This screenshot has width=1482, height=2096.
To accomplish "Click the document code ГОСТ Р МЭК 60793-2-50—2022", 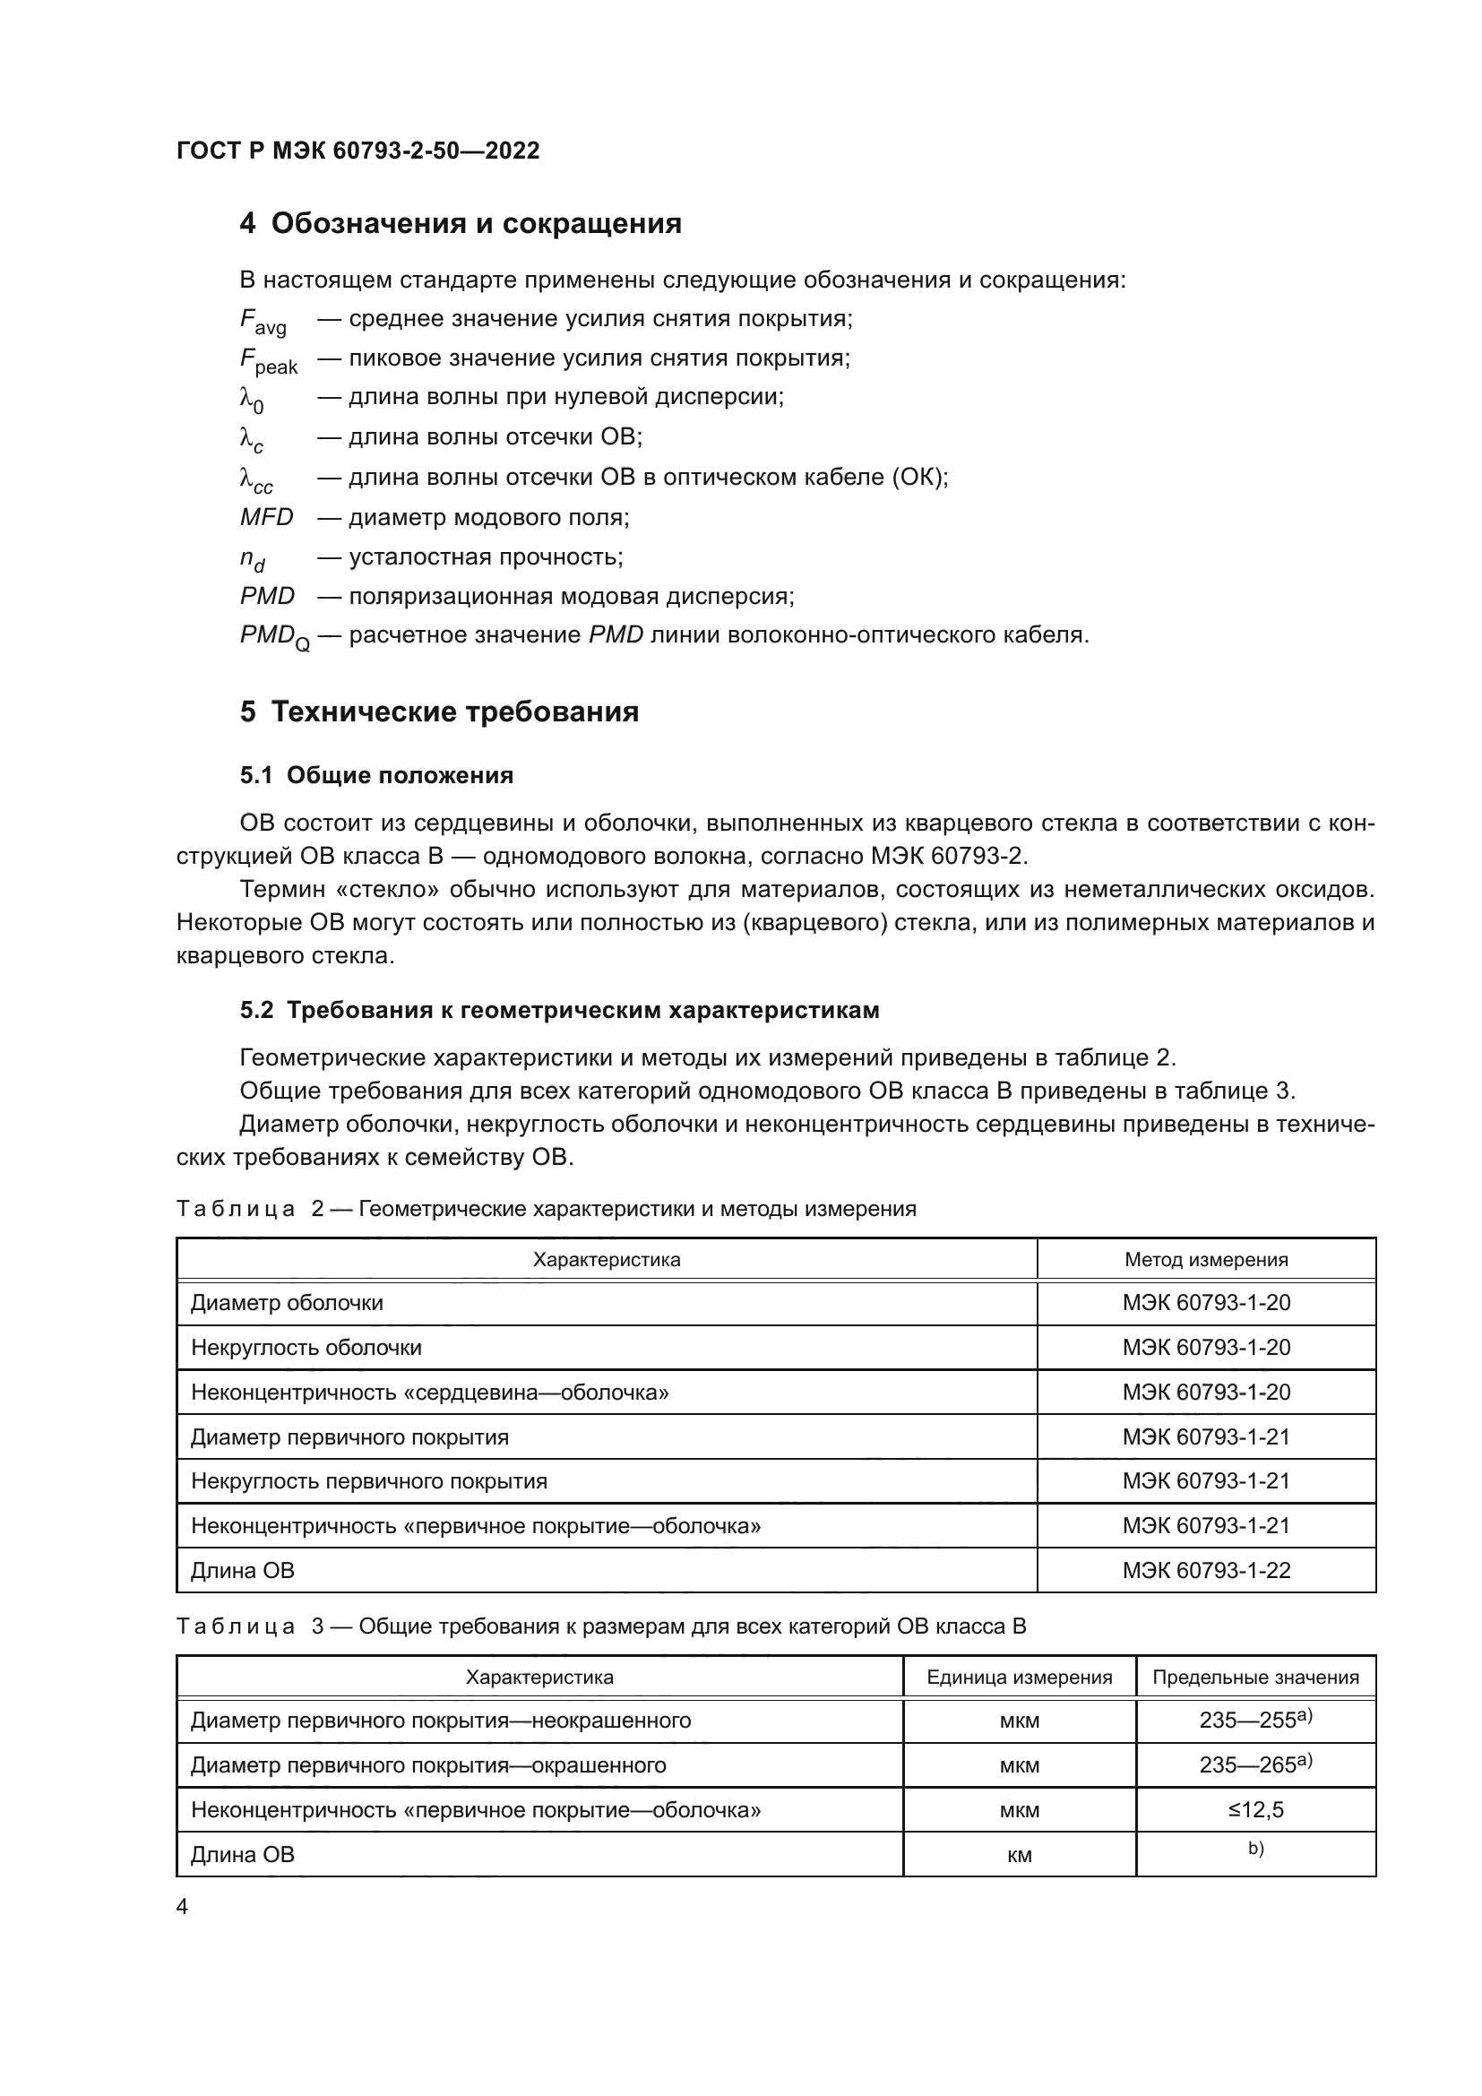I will tap(358, 151).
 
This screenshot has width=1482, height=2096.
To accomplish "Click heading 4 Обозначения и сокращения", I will tap(460, 224).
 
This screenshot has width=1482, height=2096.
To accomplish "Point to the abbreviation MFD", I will tap(266, 518).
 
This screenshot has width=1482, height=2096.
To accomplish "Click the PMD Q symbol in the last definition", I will tap(274, 636).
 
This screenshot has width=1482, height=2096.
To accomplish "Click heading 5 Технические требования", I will tap(439, 712).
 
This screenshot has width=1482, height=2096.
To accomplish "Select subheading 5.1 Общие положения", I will tap(376, 775).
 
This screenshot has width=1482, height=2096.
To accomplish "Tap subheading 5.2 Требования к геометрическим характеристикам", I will tap(559, 1010).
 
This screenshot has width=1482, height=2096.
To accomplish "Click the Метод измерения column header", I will tap(1205, 1260).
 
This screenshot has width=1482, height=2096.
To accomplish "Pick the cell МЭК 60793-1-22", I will tap(1205, 1570).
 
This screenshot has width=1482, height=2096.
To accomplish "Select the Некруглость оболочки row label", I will tap(306, 1348).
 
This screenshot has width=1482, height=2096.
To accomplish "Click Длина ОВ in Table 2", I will tap(242, 1570).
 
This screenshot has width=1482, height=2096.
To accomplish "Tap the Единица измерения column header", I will tap(1019, 1677).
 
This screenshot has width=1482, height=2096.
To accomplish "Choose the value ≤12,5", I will tap(1254, 1809).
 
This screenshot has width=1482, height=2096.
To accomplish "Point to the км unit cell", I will tap(1019, 1854).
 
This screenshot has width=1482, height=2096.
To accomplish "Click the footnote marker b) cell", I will tap(1254, 1850).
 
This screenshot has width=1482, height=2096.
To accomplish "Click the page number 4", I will tap(182, 1907).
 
